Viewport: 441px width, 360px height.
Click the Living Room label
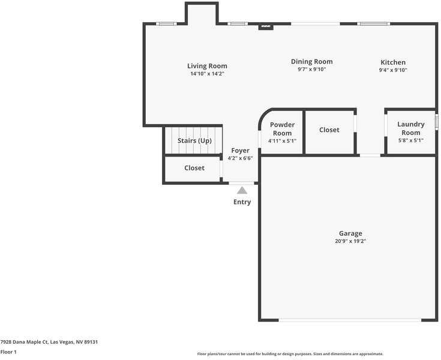point(207,66)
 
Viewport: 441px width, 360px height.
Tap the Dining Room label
point(311,61)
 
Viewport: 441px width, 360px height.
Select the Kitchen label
point(393,62)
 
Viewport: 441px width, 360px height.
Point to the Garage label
point(350,233)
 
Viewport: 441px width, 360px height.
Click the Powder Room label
point(282,129)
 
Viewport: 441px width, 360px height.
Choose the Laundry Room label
point(411,128)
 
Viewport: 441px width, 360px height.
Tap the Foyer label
point(240,151)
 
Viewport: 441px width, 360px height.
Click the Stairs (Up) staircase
point(194,140)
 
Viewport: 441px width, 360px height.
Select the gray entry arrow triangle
point(242,190)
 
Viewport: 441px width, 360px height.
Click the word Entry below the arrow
point(242,202)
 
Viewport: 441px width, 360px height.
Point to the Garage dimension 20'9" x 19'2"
point(350,241)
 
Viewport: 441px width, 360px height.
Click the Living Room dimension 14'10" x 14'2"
point(207,74)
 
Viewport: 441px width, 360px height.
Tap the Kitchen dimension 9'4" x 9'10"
point(393,70)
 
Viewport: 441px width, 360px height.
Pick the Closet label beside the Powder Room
point(329,130)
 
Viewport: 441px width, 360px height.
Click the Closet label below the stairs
point(194,168)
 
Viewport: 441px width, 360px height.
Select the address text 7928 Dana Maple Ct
point(49,342)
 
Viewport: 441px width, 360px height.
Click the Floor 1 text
point(8,352)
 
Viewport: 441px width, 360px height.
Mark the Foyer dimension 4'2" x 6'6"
point(240,158)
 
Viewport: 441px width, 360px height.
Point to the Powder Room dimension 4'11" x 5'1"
point(282,141)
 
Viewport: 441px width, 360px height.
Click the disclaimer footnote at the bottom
point(290,354)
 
